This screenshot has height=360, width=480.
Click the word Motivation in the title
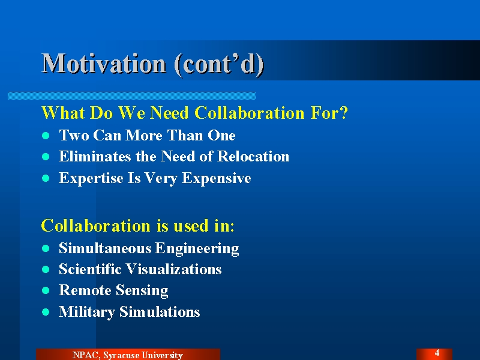click(x=104, y=64)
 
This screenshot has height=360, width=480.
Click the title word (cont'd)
click(x=219, y=64)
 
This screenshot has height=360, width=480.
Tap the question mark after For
click(x=344, y=113)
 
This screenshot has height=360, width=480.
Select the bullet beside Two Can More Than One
click(x=46, y=136)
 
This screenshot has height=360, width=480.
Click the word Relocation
click(x=253, y=156)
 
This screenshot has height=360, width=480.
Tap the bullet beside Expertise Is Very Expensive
click(x=46, y=178)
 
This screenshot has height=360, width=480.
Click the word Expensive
click(x=217, y=178)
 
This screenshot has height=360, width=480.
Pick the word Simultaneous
click(x=105, y=248)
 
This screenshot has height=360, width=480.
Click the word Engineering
click(x=197, y=248)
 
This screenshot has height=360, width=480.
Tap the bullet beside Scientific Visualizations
click(x=46, y=269)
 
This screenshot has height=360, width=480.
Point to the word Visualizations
click(x=174, y=269)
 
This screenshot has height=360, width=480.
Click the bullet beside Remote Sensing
click(x=46, y=290)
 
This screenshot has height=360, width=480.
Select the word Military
click(x=87, y=312)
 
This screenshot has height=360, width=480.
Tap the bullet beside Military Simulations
click(x=46, y=312)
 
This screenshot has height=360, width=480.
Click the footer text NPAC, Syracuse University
click(x=128, y=355)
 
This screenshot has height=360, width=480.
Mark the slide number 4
click(x=437, y=353)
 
